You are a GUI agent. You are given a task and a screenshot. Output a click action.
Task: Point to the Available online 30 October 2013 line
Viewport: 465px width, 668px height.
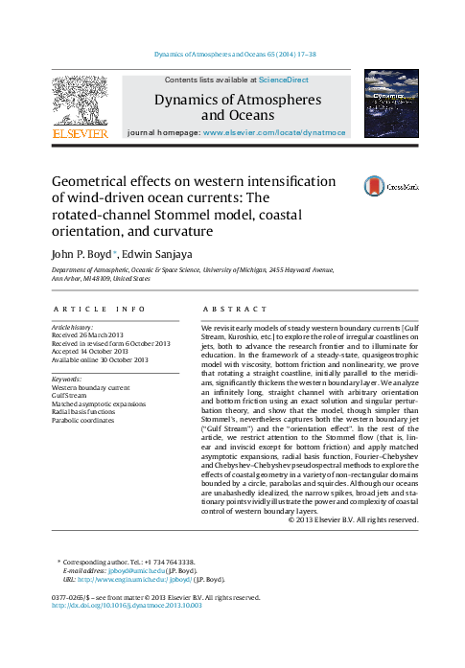click(x=100, y=360)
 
